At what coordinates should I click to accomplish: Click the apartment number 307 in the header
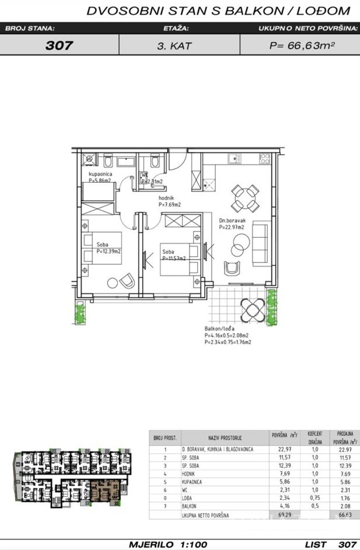click(59, 45)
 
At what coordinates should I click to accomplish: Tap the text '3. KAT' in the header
click(175, 45)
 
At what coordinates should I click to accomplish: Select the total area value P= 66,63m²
click(302, 45)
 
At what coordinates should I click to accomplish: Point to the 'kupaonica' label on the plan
click(100, 174)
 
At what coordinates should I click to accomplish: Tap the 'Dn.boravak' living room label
click(233, 221)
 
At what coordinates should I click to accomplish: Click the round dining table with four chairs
click(244, 198)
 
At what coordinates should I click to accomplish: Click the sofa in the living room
click(261, 244)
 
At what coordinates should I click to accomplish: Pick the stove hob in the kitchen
click(264, 158)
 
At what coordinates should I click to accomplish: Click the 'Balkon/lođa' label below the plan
click(219, 329)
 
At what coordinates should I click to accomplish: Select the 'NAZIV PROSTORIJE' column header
click(225, 437)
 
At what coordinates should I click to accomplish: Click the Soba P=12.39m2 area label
click(107, 247)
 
